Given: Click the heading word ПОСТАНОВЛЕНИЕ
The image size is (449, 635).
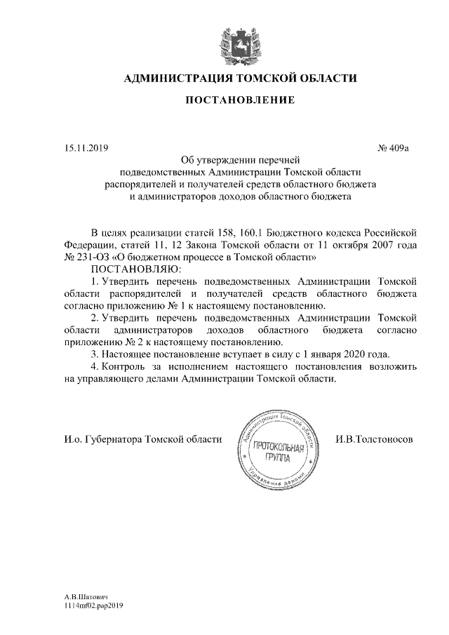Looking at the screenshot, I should pyautogui.click(x=239, y=100).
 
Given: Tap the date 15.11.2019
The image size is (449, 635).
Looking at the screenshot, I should pyautogui.click(x=82, y=149).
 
